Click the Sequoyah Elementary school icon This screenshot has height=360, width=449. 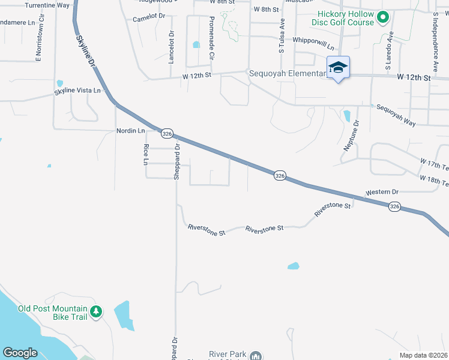point(338,67)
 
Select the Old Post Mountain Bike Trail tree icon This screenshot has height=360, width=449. point(96,311)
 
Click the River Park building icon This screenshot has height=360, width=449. point(256,356)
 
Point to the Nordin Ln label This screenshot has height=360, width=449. point(130,130)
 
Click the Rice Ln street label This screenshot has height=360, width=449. point(145,154)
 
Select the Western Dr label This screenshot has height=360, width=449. point(382,193)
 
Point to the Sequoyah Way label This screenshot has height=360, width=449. point(396,115)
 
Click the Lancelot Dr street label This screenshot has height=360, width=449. point(171,48)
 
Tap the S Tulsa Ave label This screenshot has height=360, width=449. point(281,36)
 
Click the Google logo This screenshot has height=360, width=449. point(20,353)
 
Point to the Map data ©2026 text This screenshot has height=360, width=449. point(423,355)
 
